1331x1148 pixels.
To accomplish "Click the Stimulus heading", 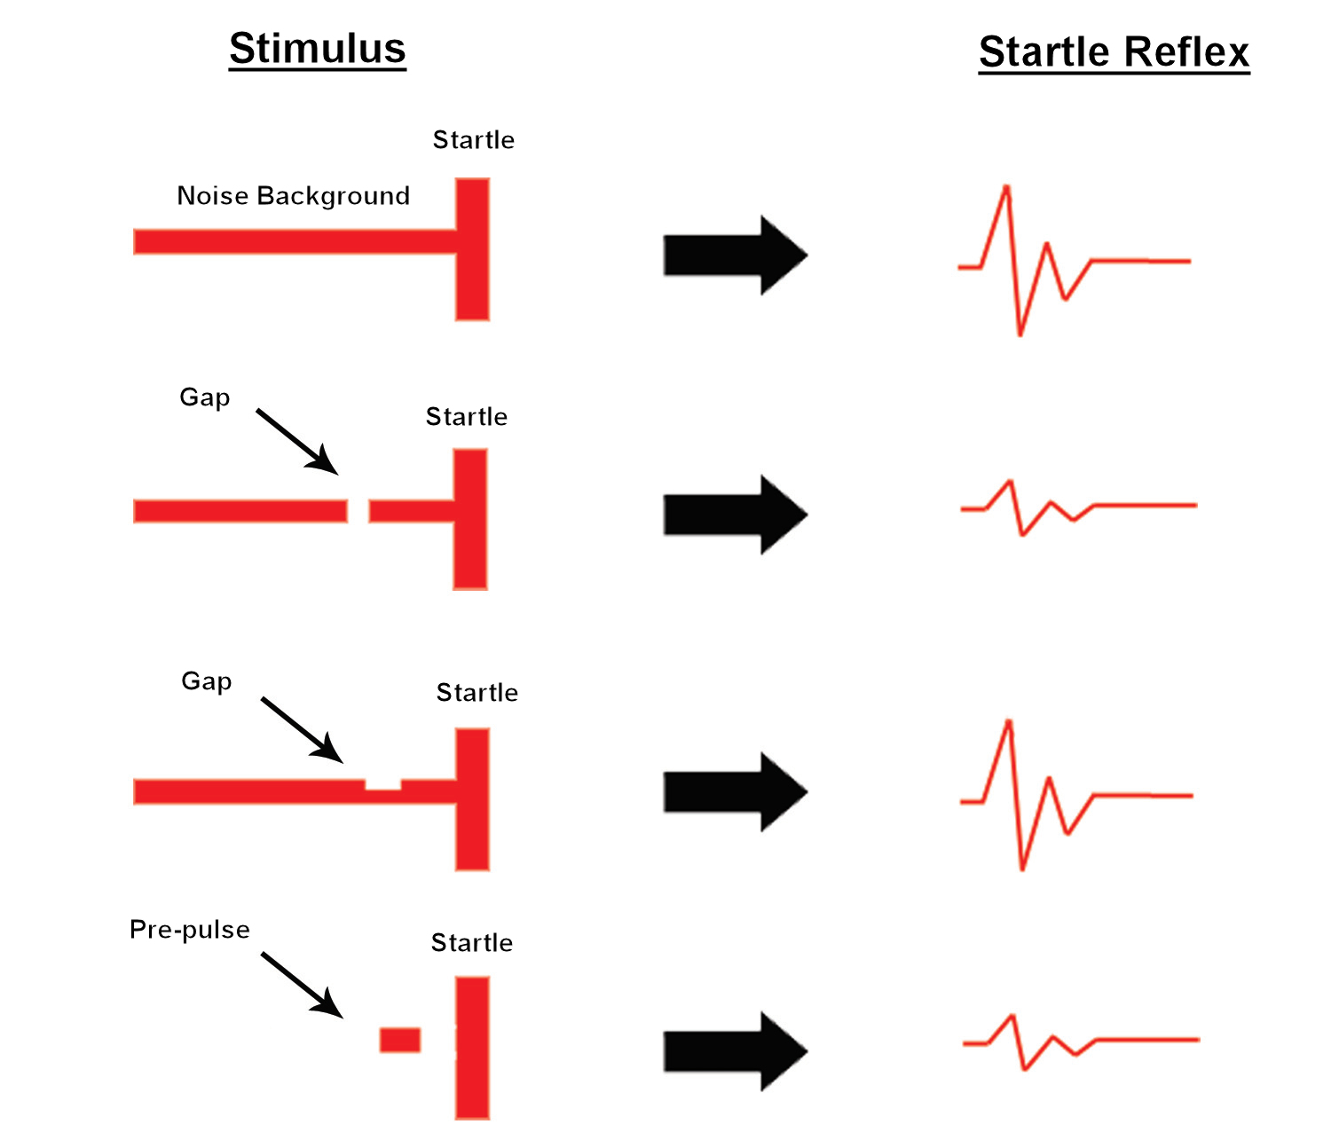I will (317, 49).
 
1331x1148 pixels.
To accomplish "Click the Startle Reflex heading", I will (1114, 52).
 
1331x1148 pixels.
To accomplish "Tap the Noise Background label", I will (293, 196).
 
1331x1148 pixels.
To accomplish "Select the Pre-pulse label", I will (190, 930).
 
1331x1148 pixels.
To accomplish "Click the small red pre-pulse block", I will (400, 1040).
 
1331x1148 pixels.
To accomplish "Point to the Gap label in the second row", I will (205, 397).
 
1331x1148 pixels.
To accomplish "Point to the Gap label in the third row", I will (207, 681).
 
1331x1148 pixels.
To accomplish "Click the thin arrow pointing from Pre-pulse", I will (301, 984).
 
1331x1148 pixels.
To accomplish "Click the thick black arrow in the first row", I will (735, 256).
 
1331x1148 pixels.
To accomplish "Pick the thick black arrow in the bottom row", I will (735, 1052).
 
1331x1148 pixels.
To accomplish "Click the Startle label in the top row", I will (473, 140).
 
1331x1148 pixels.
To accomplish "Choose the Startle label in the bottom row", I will (471, 943).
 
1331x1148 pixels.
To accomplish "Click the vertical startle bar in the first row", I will (472, 249).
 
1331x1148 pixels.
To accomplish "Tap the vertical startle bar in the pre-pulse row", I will (472, 1048).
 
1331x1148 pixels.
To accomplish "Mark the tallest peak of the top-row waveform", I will (1006, 187).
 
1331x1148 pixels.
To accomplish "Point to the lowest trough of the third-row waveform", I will (1022, 868).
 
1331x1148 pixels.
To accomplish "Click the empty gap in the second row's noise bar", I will (358, 511).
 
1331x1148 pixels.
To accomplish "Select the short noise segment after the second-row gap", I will (410, 511).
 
